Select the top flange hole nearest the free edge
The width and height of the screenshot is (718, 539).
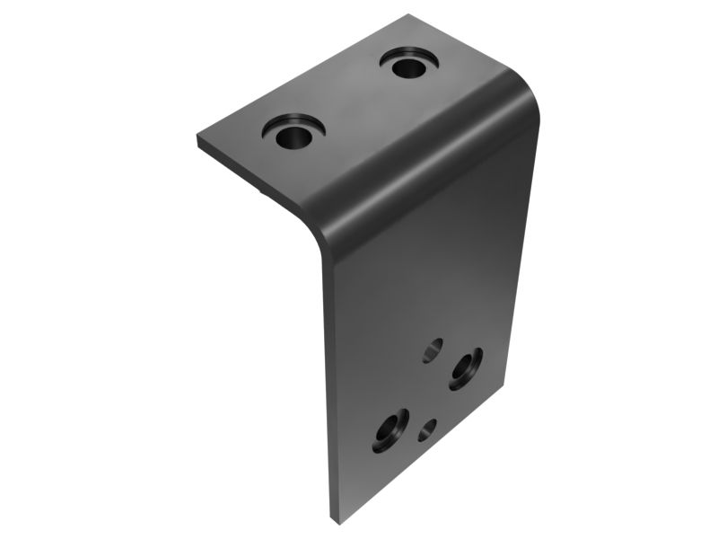pyautogui.click(x=291, y=137)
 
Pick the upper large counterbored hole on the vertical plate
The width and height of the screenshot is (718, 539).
pyautogui.click(x=467, y=367)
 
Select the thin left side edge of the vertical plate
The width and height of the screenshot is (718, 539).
pyautogui.click(x=327, y=386)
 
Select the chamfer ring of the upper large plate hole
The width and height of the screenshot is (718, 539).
pyautogui.click(x=476, y=358)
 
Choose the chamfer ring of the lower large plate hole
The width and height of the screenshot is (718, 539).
pyautogui.click(x=398, y=423)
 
